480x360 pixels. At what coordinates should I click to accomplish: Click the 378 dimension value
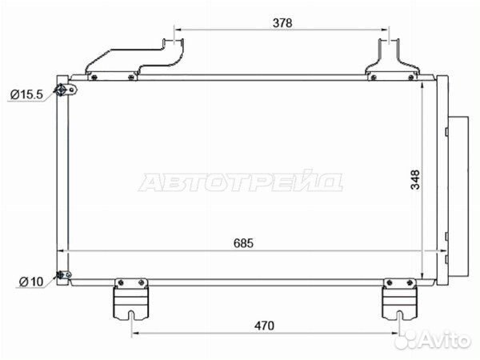click(282, 23)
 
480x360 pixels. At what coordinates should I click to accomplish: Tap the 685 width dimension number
click(244, 243)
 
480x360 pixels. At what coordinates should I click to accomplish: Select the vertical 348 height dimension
click(415, 179)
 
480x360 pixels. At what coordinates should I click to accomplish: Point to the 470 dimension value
click(264, 326)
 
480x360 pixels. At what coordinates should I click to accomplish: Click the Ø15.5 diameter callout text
click(26, 94)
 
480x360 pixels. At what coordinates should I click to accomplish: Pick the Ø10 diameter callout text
click(31, 282)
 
